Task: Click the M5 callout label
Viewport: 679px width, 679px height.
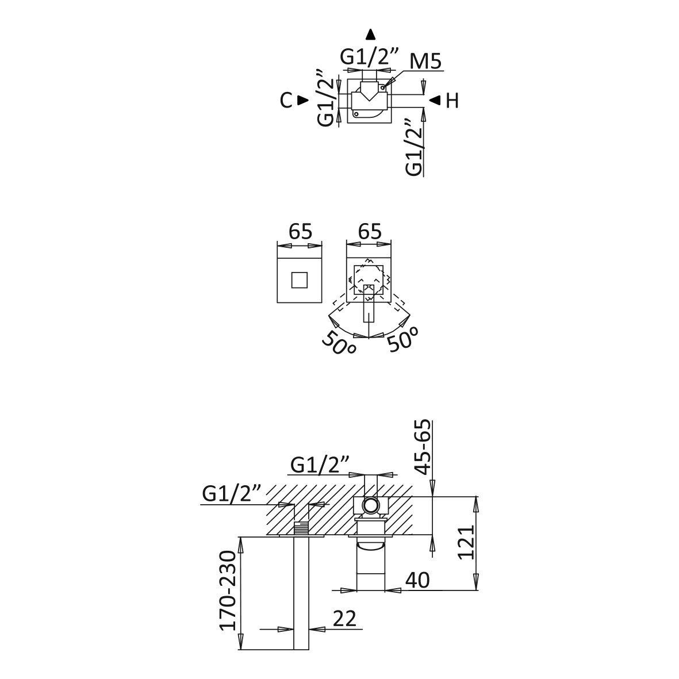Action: (x=426, y=61)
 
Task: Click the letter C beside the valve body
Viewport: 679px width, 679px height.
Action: (x=286, y=101)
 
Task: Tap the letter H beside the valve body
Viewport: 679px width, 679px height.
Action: (x=452, y=101)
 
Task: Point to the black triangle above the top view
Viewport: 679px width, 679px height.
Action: (x=371, y=33)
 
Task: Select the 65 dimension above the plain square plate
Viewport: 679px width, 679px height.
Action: (x=300, y=232)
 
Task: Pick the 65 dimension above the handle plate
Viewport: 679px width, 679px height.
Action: (x=369, y=232)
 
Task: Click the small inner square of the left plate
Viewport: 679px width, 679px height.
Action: (x=300, y=281)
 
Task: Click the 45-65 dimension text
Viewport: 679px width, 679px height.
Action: (x=423, y=447)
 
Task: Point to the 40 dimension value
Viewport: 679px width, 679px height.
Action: (x=417, y=580)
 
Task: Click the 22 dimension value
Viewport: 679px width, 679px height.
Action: (x=344, y=619)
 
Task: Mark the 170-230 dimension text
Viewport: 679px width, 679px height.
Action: (x=228, y=590)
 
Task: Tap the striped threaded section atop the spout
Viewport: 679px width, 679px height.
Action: (x=302, y=528)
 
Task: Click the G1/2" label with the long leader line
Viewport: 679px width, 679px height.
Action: (x=232, y=494)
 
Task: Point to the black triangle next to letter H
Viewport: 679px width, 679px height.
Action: (x=435, y=101)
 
